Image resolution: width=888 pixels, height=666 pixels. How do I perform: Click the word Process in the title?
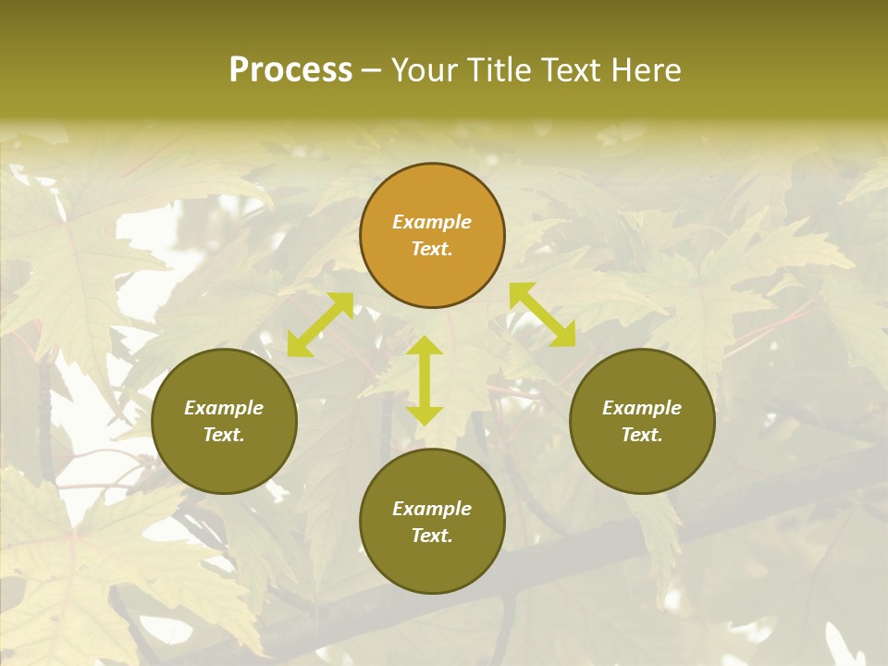(x=290, y=70)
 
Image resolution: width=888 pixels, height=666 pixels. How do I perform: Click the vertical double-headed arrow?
(x=425, y=380)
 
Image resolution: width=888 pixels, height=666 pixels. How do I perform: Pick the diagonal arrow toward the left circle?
(x=320, y=324)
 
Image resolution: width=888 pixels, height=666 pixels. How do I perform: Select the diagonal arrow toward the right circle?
(x=542, y=314)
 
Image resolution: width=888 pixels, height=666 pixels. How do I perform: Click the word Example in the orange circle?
(x=432, y=222)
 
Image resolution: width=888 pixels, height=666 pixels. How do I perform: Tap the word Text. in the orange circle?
(x=432, y=249)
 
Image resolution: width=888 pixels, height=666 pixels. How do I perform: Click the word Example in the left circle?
(x=224, y=408)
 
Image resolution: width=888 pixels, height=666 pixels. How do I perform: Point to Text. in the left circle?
(x=224, y=435)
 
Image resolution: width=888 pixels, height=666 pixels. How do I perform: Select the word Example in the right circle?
(x=642, y=408)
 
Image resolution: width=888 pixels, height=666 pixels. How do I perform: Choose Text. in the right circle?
(x=642, y=435)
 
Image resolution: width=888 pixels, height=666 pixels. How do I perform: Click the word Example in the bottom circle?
(x=432, y=509)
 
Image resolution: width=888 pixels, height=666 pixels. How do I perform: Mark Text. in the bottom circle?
(x=432, y=536)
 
